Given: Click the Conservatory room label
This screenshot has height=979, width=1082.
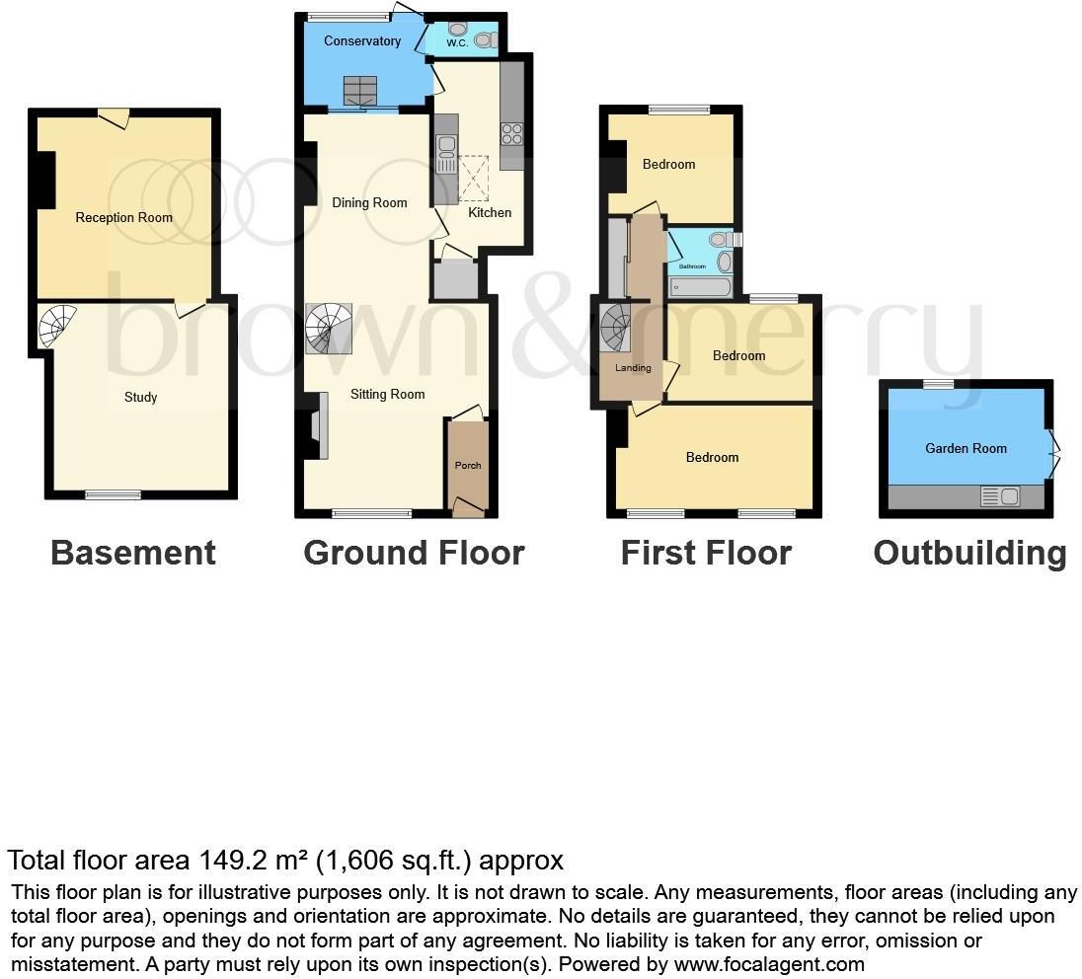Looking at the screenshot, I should click(362, 41).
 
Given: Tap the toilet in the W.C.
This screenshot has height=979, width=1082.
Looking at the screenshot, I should click(483, 39).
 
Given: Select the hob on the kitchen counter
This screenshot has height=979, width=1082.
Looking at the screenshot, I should click(511, 134).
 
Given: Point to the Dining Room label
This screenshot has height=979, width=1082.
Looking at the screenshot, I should click(369, 203).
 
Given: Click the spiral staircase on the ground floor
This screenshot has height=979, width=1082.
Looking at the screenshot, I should click(329, 328).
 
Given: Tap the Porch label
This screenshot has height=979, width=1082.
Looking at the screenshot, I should click(468, 465).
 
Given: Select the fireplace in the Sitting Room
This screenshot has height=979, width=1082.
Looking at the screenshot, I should click(315, 424).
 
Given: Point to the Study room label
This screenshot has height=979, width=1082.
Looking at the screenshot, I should click(140, 398).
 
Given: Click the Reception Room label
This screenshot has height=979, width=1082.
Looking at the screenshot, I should click(123, 218).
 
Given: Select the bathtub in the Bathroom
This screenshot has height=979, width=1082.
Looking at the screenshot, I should click(700, 287).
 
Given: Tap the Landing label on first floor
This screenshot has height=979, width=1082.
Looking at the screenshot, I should click(633, 368).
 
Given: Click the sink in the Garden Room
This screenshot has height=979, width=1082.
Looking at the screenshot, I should click(1000, 496).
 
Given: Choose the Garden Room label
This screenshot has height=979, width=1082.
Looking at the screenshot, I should click(966, 448).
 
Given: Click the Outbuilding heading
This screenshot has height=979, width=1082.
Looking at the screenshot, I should click(969, 554).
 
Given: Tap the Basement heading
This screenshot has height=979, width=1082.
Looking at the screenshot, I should click(132, 554).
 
